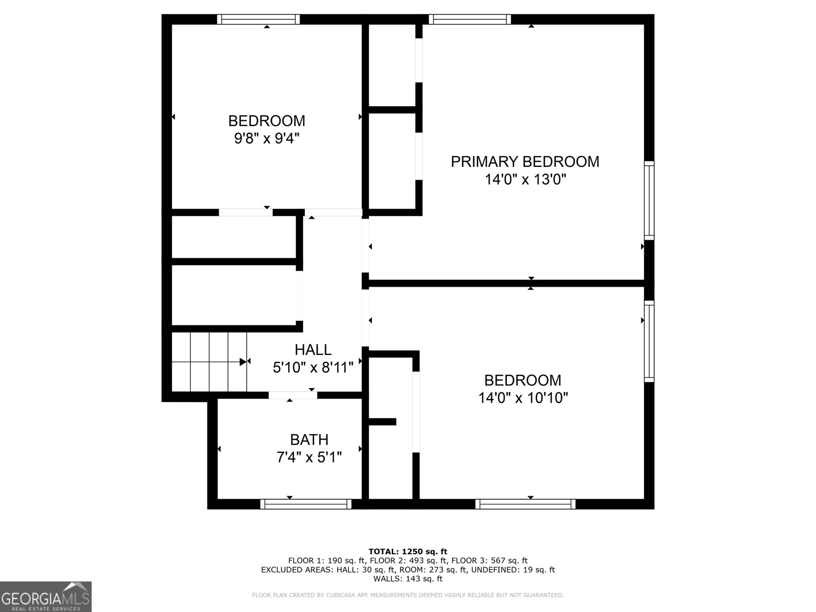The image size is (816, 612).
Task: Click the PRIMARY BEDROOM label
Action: coord(525,162)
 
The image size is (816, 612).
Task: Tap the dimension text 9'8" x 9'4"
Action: coord(266,138)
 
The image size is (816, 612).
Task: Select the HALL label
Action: coord(313,350)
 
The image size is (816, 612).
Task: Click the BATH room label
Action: coord(309,440)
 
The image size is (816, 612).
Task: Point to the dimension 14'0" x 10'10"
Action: coord(523,398)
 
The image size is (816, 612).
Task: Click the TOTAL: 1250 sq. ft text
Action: coord(407,551)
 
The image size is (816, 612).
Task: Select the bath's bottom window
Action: coord(306,504)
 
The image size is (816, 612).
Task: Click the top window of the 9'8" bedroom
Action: coord(259,19)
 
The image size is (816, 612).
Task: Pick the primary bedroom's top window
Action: coord(470,19)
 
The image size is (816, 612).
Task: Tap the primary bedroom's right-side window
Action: coord(649,200)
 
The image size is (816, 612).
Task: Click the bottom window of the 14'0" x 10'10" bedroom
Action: coord(525,504)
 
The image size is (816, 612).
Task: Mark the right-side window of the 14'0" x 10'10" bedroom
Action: coord(649,341)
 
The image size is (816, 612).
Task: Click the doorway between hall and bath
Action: coord(293,395)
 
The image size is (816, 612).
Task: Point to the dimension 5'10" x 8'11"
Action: coord(313,367)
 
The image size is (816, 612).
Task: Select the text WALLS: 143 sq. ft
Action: coord(407,579)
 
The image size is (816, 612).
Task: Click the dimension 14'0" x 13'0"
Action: coord(525,180)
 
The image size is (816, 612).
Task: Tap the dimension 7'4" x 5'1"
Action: coord(309,457)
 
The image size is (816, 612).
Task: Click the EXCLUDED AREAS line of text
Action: coord(407,570)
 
